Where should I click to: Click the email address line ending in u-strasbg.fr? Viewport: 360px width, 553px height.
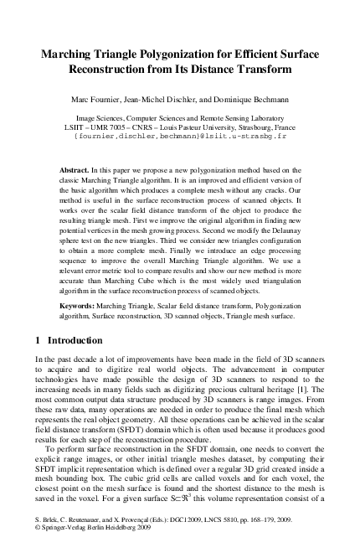180,133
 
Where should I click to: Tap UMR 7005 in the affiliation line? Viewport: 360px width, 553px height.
107,124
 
